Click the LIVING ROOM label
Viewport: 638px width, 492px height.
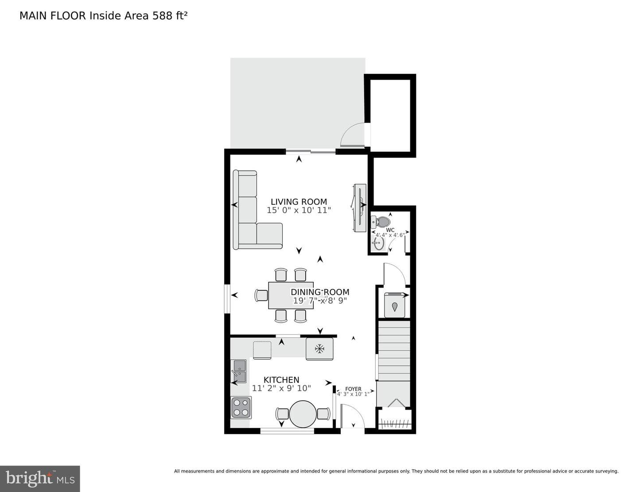click(299, 202)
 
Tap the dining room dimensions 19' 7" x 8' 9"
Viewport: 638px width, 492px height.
click(320, 300)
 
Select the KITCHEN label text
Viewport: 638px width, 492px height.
click(281, 380)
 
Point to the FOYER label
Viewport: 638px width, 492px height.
click(353, 389)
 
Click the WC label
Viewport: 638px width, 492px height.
click(390, 230)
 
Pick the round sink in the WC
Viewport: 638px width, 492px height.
click(378, 243)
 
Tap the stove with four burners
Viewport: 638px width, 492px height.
click(241, 407)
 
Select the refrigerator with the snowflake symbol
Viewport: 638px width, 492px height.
click(319, 349)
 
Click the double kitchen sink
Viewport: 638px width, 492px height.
click(240, 371)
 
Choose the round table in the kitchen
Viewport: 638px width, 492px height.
click(303, 414)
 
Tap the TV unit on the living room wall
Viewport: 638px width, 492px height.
click(360, 208)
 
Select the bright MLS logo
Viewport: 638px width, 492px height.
click(40, 479)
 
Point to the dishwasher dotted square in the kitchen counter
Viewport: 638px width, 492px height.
click(262, 350)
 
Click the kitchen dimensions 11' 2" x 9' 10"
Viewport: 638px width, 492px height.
click(281, 388)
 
